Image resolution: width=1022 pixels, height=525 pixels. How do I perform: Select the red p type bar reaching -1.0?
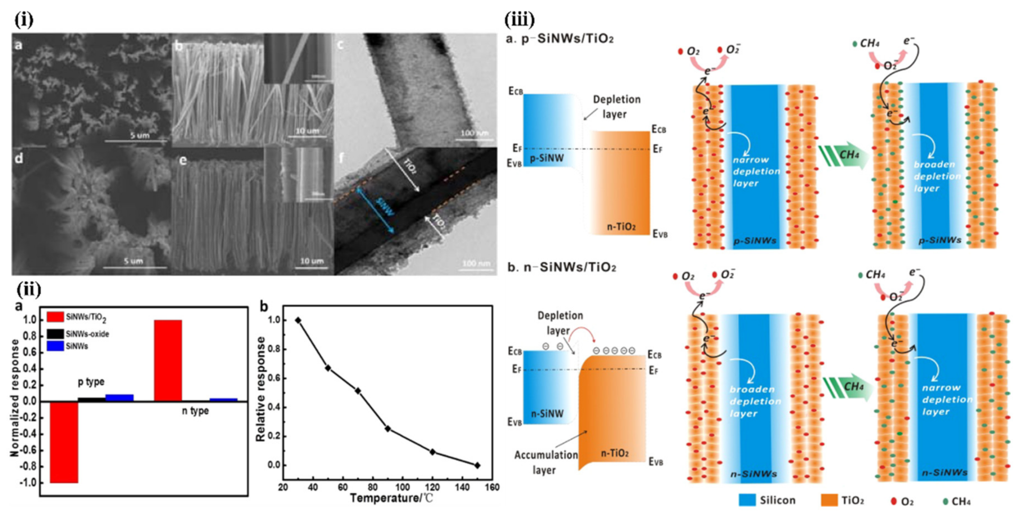(63, 442)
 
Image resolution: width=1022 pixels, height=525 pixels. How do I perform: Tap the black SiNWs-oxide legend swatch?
(55, 334)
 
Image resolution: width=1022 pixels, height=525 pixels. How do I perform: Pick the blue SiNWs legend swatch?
(55, 346)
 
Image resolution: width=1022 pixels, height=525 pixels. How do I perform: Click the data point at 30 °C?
(298, 320)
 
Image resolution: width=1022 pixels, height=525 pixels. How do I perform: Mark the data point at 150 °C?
(477, 465)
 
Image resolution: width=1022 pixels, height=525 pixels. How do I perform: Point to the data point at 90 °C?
(388, 428)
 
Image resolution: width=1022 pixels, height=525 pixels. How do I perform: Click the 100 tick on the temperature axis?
(402, 487)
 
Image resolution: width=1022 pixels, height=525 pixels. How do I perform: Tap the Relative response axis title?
(260, 389)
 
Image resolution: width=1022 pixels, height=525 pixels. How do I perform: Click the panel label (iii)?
(519, 19)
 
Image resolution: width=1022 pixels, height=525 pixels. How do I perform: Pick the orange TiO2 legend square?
(829, 500)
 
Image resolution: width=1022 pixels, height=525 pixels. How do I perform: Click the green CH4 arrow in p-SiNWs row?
(844, 156)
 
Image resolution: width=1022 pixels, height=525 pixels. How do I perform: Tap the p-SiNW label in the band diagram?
(547, 158)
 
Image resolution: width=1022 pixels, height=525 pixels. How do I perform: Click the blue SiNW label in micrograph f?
(386, 206)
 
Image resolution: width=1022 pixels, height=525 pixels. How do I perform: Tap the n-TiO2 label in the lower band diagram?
(615, 453)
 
